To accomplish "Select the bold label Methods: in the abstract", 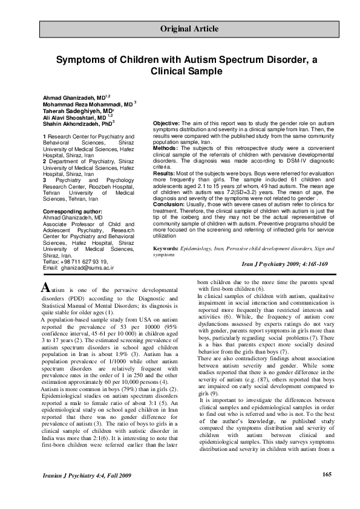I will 166,147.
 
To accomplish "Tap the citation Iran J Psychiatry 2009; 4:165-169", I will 284,264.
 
